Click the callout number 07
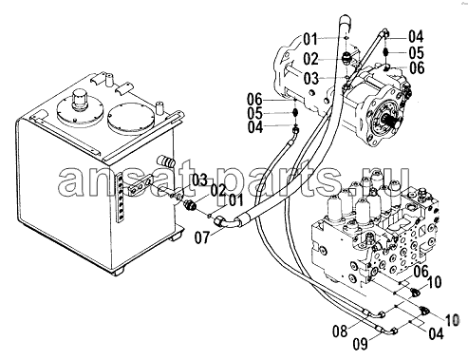[x=202, y=237]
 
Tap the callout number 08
[x=340, y=332]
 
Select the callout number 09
[x=361, y=344]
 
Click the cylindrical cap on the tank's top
[x=79, y=99]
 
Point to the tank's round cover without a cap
[x=129, y=117]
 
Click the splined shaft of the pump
[x=393, y=123]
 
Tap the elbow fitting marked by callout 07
[x=225, y=220]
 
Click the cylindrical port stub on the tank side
[x=167, y=161]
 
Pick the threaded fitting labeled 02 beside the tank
[x=191, y=206]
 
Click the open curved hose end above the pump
[x=345, y=22]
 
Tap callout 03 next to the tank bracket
[x=199, y=180]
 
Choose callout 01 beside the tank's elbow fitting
[x=235, y=201]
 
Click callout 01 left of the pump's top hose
[x=310, y=40]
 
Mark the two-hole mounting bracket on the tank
[x=140, y=186]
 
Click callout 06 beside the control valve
[x=421, y=272]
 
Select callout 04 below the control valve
[x=436, y=333]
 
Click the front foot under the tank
[x=119, y=272]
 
